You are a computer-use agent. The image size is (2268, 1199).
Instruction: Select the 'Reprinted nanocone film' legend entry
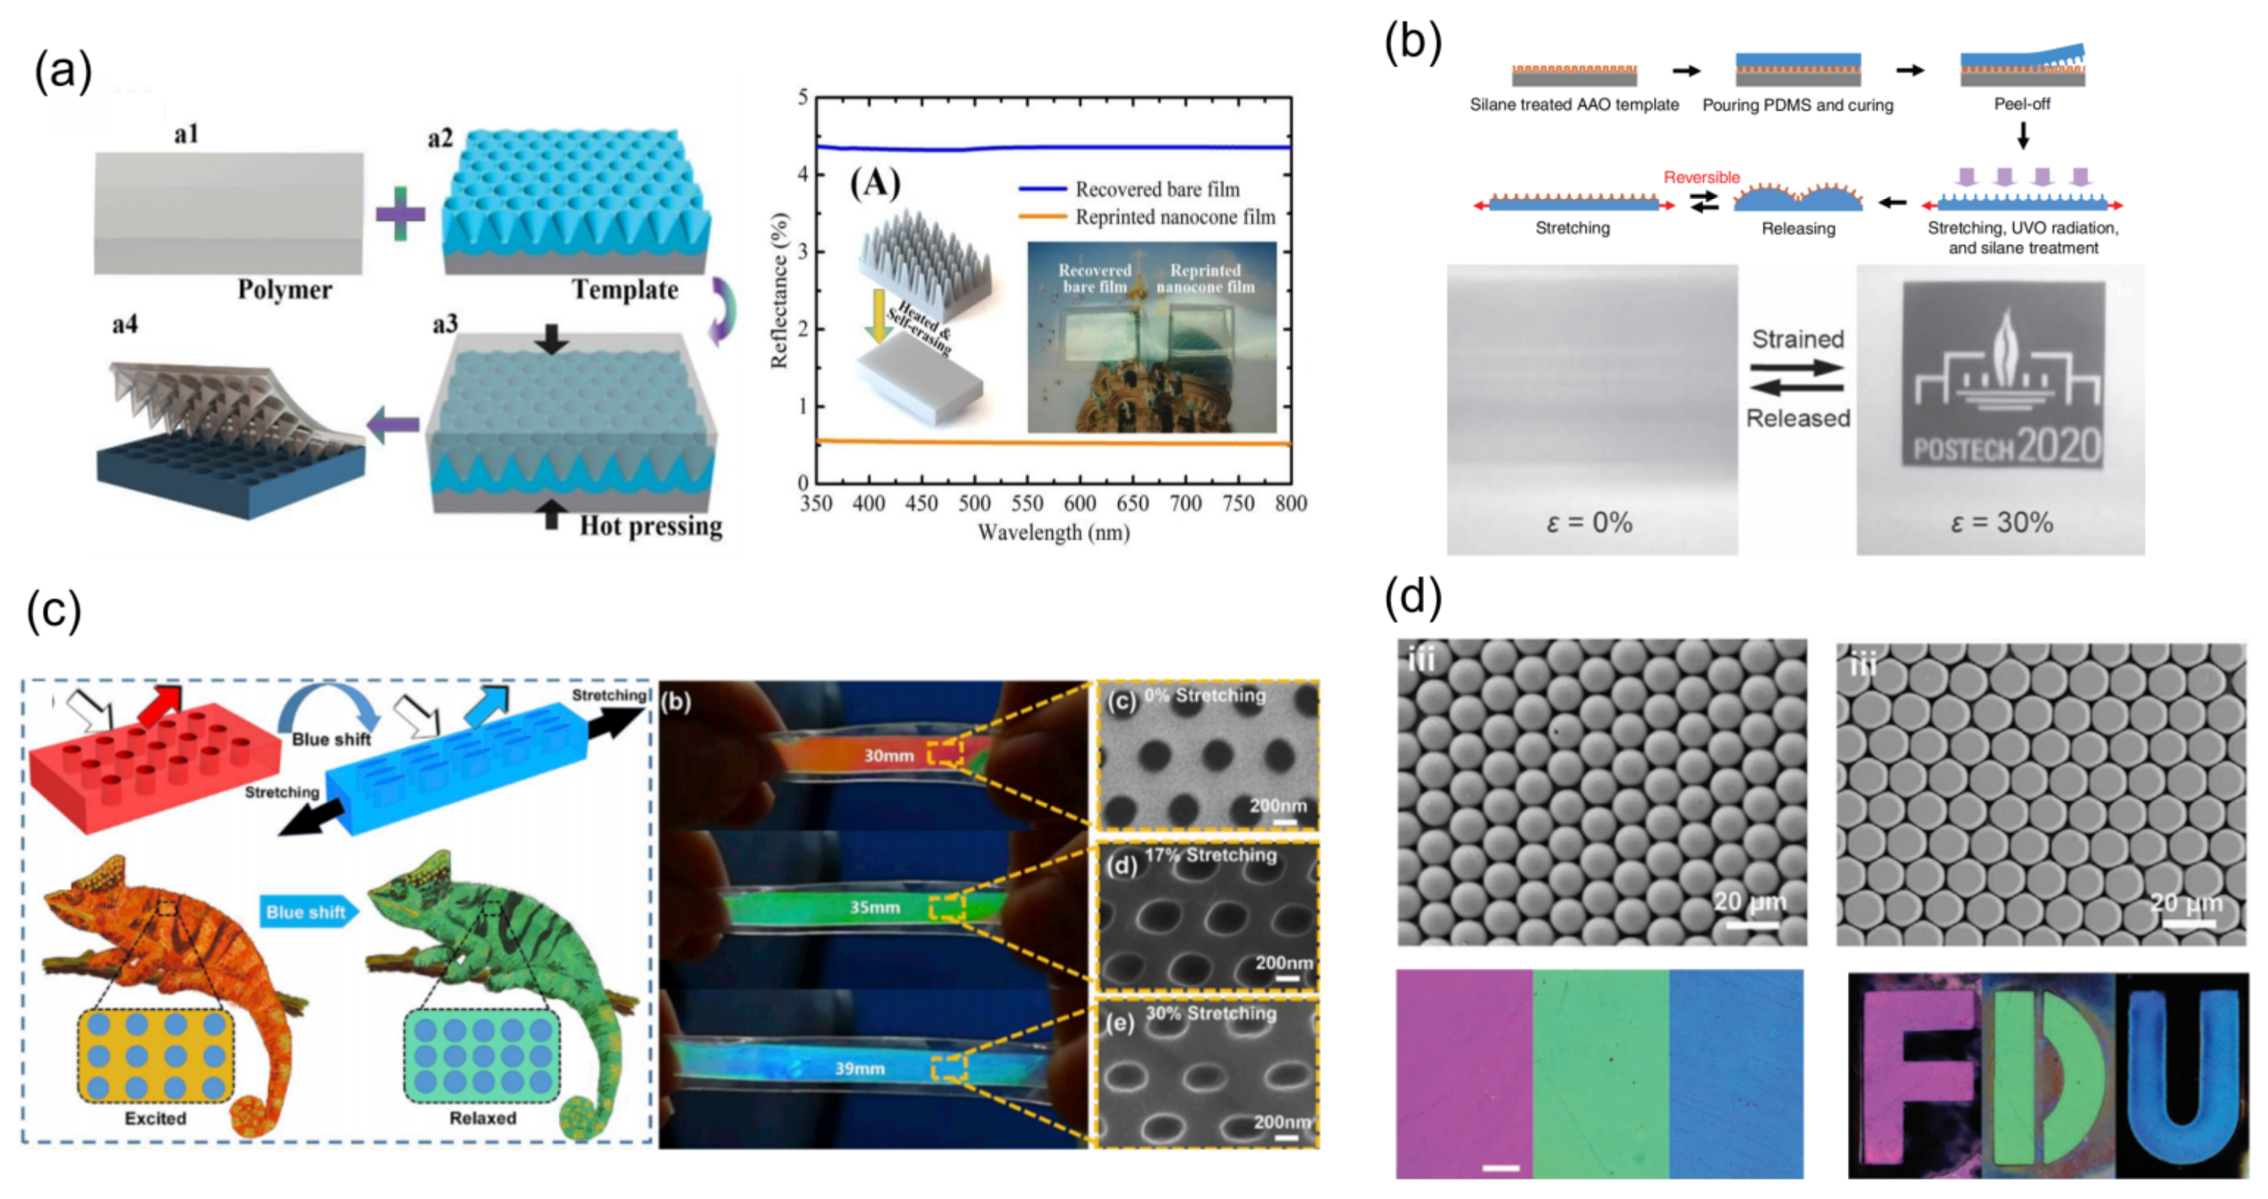click(x=1175, y=217)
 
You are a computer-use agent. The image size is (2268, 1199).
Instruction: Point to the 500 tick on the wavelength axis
click(x=973, y=503)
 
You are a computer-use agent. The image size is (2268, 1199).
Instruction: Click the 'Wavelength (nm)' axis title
click(x=1053, y=533)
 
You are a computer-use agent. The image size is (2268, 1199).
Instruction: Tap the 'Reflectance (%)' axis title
click(x=780, y=290)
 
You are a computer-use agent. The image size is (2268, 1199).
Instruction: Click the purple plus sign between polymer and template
click(x=400, y=214)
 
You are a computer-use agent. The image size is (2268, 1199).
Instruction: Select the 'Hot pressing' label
click(x=651, y=527)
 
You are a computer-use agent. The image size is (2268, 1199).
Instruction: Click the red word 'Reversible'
click(x=1701, y=177)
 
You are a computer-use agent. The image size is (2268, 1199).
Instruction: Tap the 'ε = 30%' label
click(x=2001, y=523)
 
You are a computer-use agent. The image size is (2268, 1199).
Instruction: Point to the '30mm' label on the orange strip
click(x=888, y=755)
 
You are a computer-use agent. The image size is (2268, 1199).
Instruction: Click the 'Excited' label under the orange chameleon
click(x=155, y=1118)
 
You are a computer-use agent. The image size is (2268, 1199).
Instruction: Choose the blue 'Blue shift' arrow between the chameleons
click(x=308, y=912)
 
